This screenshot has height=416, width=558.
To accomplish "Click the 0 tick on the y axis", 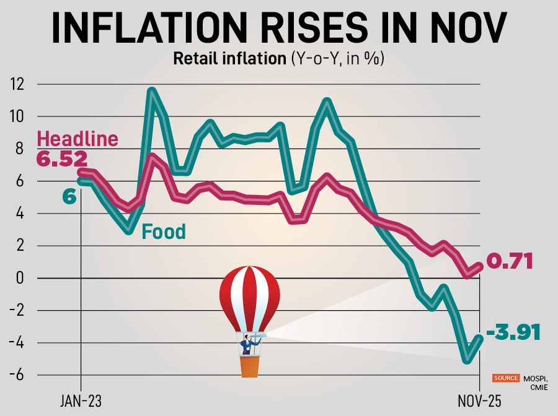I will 21,277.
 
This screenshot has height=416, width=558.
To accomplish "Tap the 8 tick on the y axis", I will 21,149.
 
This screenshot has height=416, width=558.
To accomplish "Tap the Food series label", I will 164,232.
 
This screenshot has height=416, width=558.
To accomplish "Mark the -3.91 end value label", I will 513,332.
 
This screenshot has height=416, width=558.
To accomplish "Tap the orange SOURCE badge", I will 506,378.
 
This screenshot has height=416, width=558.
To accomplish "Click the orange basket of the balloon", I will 249,366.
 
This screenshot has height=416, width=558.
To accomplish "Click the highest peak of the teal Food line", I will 151,91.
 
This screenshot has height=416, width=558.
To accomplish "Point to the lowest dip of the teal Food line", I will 467,360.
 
